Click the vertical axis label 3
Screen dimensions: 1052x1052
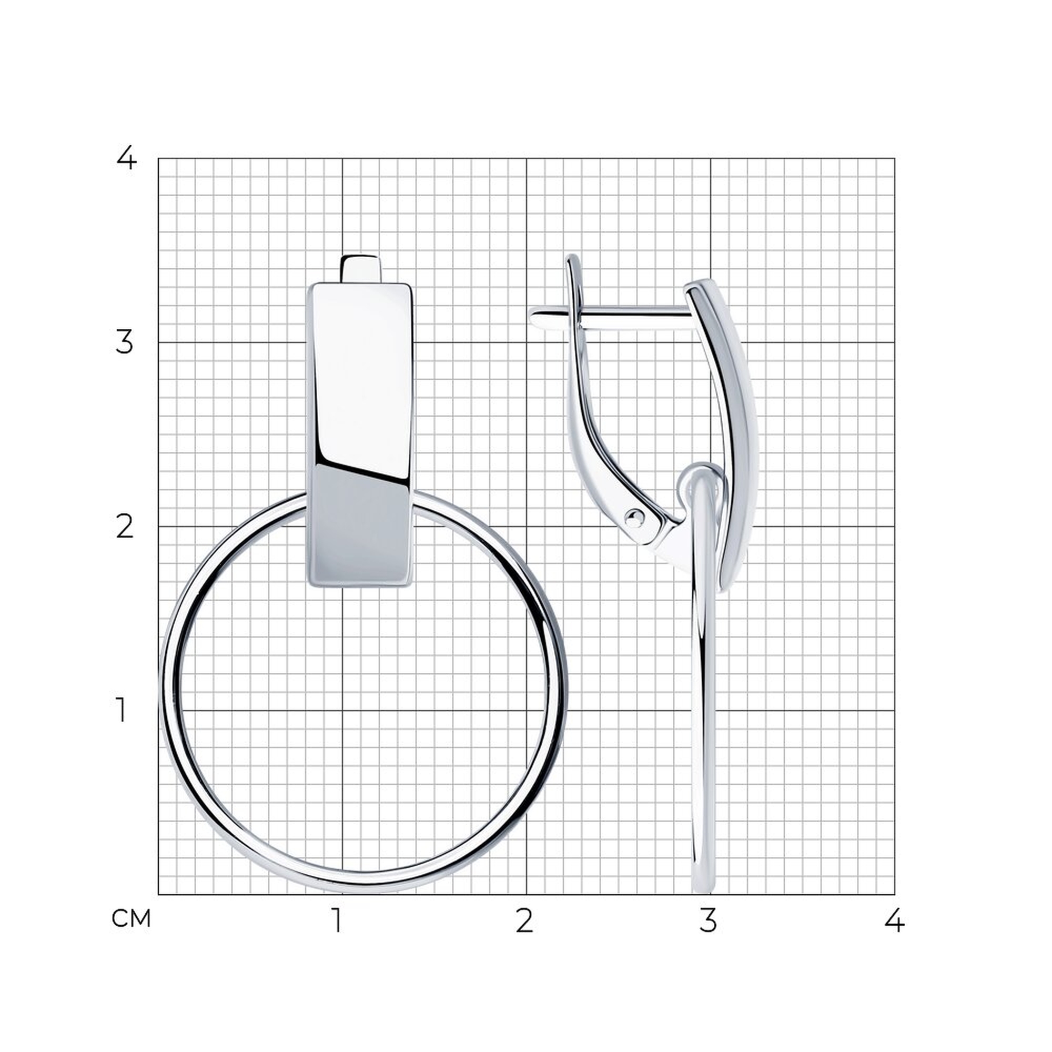click(x=125, y=342)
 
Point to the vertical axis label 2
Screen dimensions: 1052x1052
click(x=125, y=527)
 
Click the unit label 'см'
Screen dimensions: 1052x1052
click(x=130, y=918)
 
